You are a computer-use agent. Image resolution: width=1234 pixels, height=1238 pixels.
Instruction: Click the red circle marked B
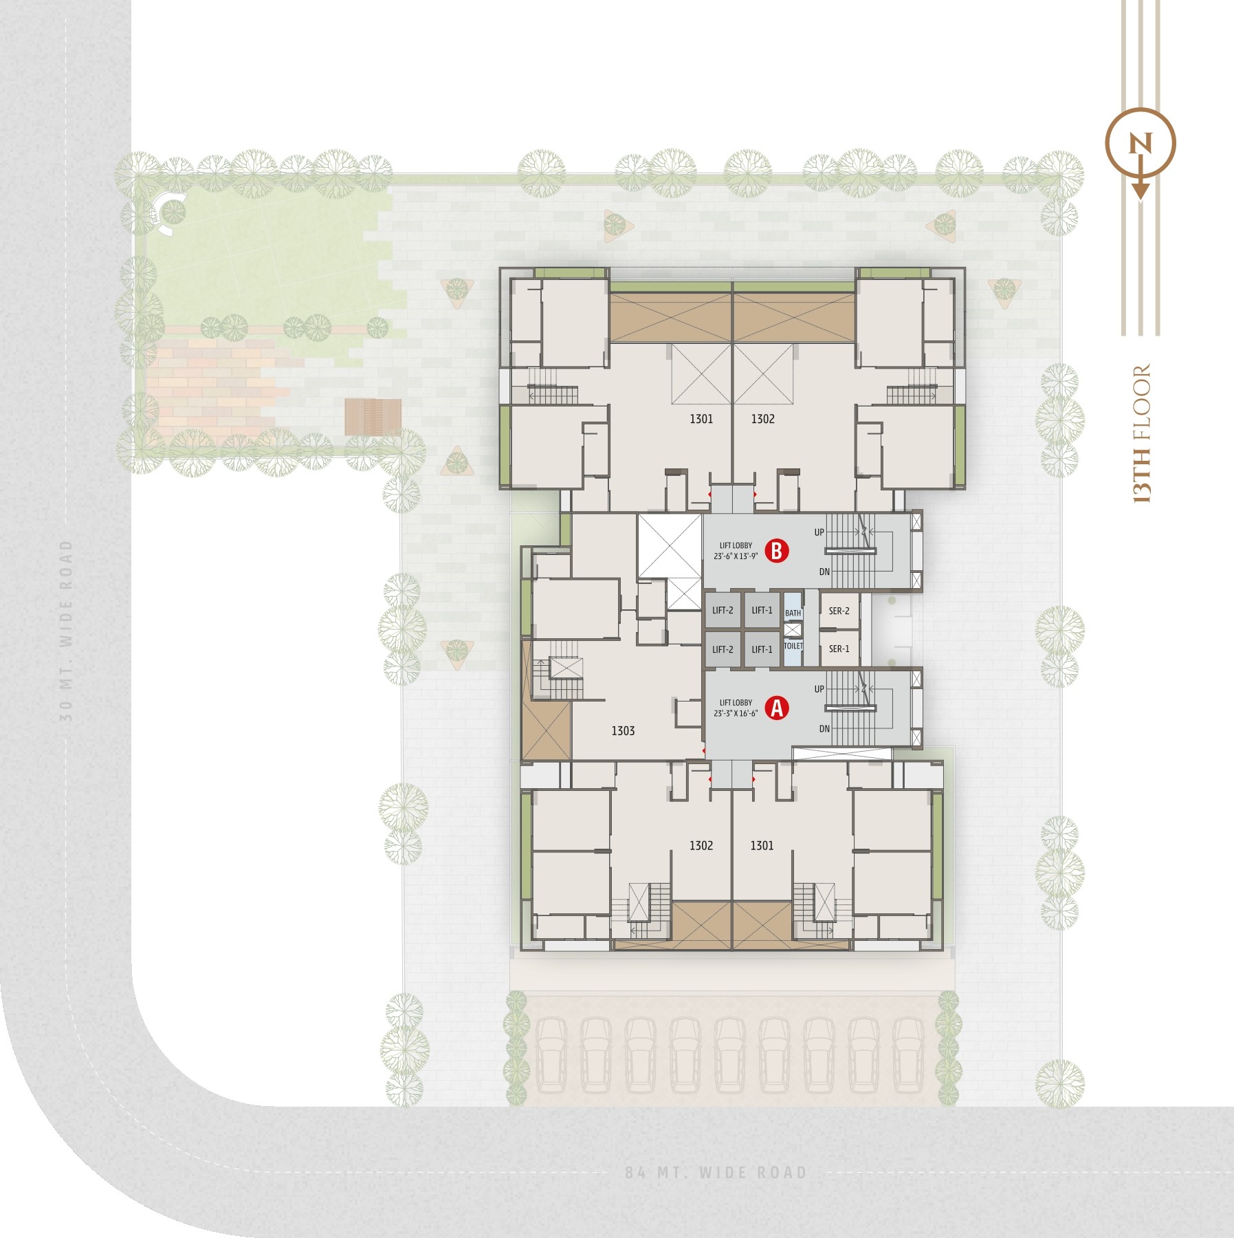coord(777,551)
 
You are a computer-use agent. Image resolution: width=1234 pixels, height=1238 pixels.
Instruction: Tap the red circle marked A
coord(778,708)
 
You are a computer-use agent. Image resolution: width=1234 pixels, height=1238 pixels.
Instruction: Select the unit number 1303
coord(623,731)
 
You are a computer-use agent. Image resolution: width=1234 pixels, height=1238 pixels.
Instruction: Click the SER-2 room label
coord(839,611)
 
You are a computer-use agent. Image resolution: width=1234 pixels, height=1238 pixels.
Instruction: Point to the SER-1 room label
coord(839,649)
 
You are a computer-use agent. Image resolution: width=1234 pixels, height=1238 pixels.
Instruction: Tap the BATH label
coord(793,613)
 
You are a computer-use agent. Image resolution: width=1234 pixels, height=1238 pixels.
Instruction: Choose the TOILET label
coord(793,646)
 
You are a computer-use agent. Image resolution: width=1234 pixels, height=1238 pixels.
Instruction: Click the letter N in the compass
coord(1141,144)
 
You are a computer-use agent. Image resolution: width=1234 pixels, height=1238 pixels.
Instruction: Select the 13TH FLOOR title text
coord(1141,433)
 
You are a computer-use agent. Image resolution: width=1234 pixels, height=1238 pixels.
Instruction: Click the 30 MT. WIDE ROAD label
coord(66,630)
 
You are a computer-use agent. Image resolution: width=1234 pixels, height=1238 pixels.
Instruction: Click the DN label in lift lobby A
coord(824,729)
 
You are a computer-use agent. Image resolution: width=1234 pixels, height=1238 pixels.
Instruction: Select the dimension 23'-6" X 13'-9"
coord(736,556)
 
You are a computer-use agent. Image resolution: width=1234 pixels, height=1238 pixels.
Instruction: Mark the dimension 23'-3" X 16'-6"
coord(736,713)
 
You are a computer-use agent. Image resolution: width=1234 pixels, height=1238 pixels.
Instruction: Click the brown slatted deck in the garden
coord(373,417)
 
